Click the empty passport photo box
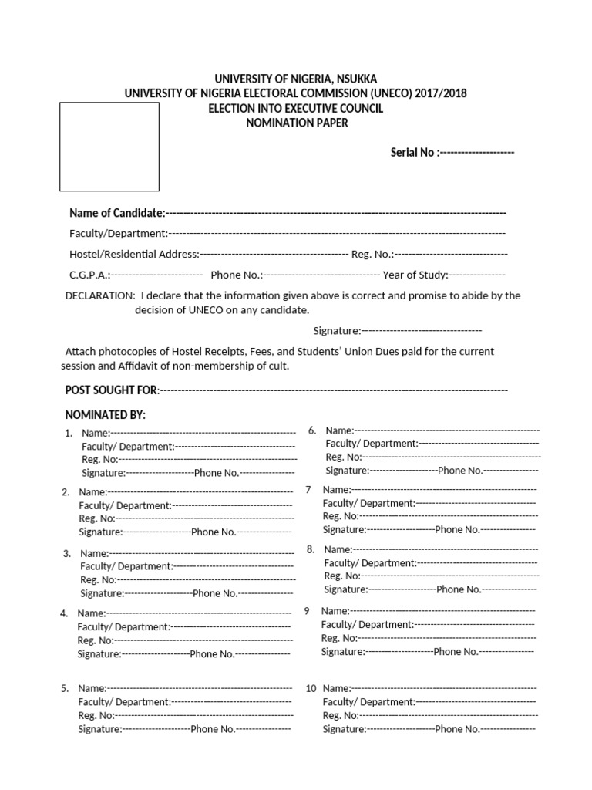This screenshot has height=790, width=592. coord(109,147)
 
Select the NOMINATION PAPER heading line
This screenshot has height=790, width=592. coord(295,123)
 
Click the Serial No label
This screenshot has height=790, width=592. coord(413,153)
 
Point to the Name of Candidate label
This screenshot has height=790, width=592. coord(116,213)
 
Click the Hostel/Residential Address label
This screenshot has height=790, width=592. coord(134,254)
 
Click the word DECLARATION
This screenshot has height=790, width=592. coord(100,295)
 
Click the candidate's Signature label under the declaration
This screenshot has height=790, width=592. coord(336,331)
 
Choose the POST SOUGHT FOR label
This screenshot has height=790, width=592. coord(111,390)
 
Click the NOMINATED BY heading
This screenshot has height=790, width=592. coord(105,415)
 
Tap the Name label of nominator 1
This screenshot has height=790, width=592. coord(96,434)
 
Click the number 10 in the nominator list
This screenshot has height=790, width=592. coord(311,687)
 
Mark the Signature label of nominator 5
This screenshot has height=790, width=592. coord(99,729)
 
